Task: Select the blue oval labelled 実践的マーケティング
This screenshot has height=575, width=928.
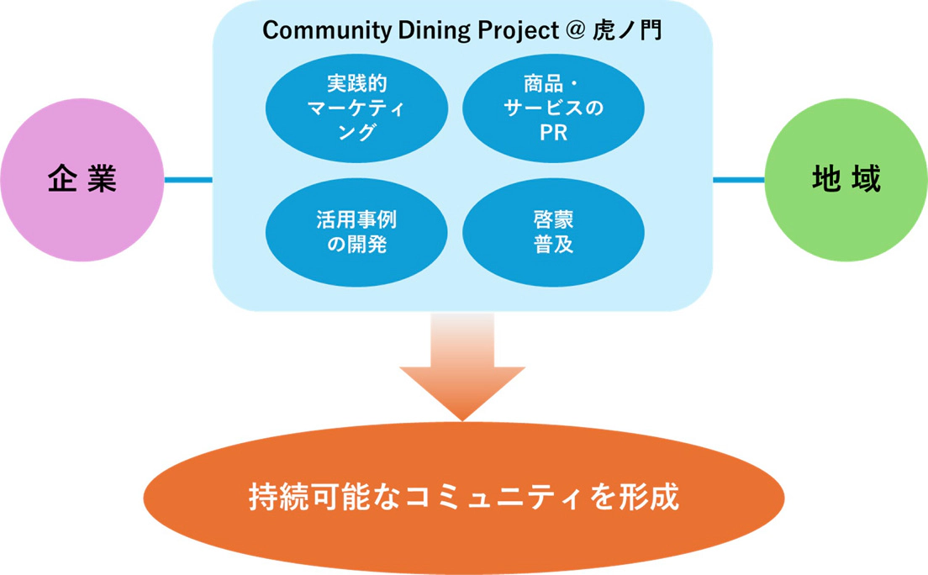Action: click(356, 108)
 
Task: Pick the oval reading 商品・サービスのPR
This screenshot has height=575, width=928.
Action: click(553, 108)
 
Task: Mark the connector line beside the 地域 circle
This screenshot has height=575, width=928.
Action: click(738, 179)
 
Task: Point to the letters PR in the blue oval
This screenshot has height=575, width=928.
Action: click(553, 132)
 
